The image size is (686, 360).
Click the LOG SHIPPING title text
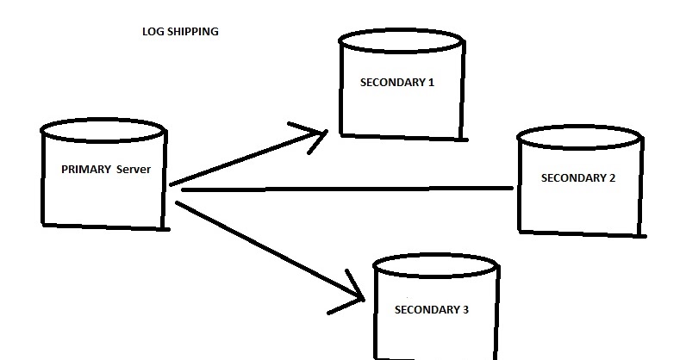(x=180, y=32)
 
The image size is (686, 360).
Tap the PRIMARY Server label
(x=106, y=170)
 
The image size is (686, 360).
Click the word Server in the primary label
(x=134, y=170)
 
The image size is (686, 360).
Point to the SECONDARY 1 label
(x=397, y=83)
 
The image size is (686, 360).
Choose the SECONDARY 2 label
(x=578, y=178)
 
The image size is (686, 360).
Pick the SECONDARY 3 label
(x=432, y=308)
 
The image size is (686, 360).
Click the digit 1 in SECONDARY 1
(x=431, y=83)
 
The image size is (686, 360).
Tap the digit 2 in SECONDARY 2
(x=612, y=178)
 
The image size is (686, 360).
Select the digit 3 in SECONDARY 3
(x=465, y=308)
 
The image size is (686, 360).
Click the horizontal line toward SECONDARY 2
(x=345, y=189)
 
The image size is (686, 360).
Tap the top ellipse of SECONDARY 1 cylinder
(x=403, y=40)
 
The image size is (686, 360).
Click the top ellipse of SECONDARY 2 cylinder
(x=579, y=135)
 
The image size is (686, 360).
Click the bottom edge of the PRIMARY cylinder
(x=105, y=227)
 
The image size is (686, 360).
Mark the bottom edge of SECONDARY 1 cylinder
(x=404, y=137)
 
